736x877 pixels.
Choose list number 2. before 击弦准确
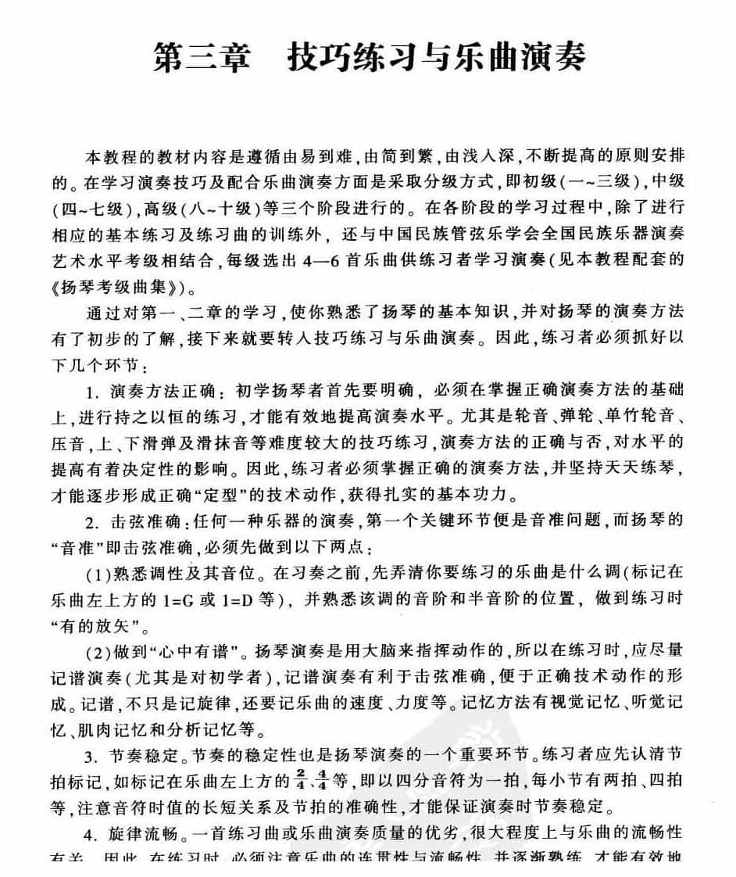pyautogui.click(x=92, y=522)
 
